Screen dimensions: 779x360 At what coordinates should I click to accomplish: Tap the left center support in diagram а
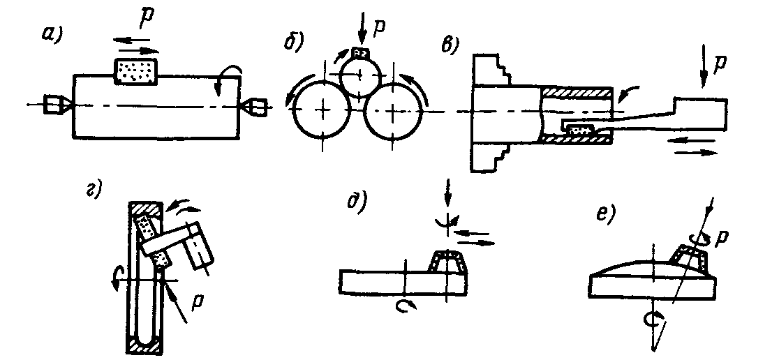55,105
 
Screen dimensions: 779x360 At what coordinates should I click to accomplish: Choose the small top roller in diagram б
359,75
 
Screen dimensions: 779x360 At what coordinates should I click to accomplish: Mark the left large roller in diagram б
322,110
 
